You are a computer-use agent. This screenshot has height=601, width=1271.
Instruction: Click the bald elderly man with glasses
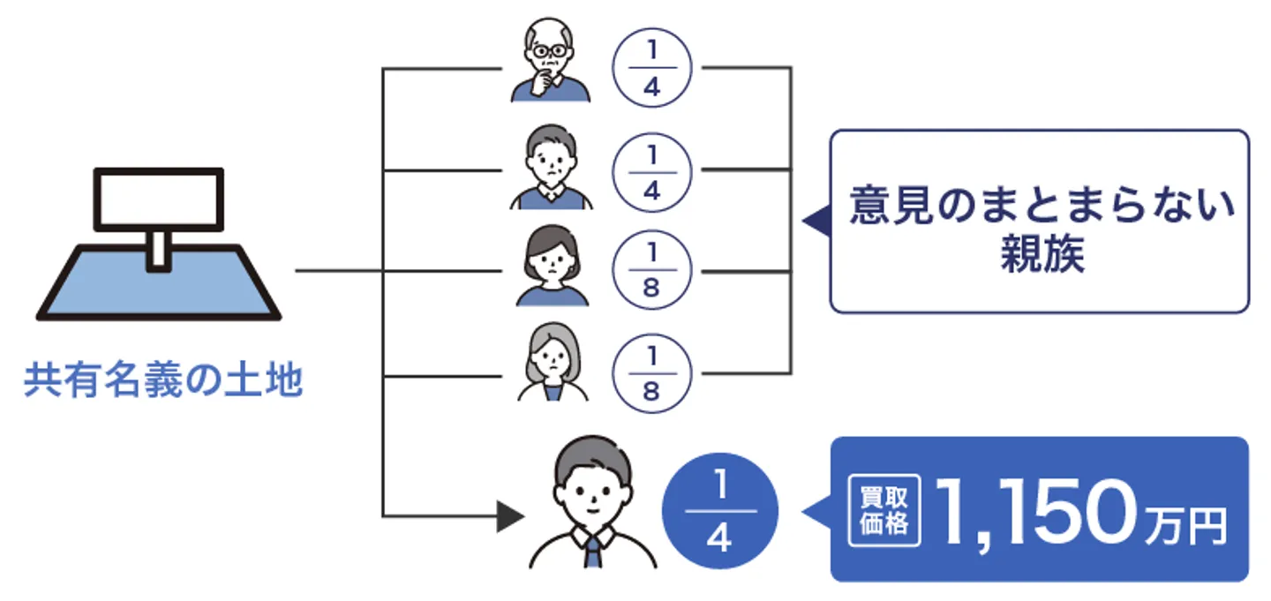[550, 60]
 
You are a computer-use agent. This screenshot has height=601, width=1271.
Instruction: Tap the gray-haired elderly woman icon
[552, 364]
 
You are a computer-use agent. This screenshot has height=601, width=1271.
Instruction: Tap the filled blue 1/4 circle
[719, 511]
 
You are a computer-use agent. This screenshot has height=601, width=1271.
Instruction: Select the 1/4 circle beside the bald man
[652, 68]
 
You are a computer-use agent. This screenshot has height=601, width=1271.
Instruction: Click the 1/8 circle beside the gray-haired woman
[652, 373]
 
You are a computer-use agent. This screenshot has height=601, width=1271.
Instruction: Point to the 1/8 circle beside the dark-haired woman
[652, 271]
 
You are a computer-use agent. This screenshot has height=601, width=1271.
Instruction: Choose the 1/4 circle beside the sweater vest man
[652, 170]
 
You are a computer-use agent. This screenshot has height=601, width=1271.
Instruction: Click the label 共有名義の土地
[163, 381]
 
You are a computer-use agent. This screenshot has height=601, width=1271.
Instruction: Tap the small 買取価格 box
[884, 511]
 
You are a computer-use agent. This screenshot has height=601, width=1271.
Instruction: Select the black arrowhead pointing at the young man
[510, 516]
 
